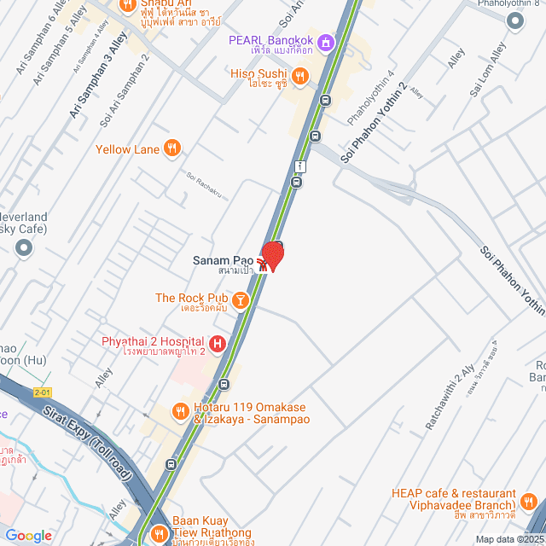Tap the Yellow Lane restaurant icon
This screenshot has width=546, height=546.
click(x=172, y=148)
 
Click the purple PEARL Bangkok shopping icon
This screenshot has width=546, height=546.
click(x=325, y=42)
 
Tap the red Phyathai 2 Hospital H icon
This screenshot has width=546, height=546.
click(x=218, y=344)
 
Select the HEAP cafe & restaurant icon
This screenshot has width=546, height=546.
click(x=529, y=501)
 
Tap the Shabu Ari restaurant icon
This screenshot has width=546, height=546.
click(x=128, y=5)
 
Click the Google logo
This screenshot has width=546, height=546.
click(x=28, y=536)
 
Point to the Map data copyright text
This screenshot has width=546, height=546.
click(x=509, y=539)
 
